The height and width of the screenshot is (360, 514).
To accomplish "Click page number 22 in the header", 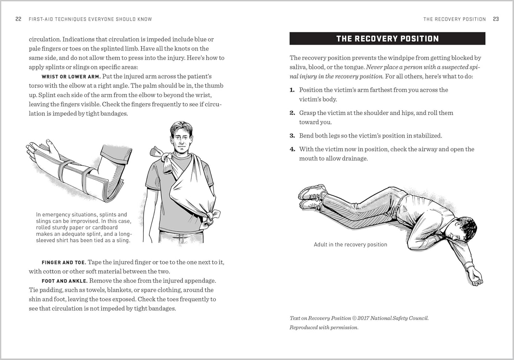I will click(18, 19).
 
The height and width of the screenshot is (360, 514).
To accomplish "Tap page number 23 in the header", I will click(496, 19).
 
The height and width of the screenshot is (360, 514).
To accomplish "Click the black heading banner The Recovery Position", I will click(387, 38).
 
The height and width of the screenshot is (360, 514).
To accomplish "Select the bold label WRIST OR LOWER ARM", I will click(71, 76).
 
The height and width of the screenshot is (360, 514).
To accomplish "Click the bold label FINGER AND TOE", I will click(64, 263).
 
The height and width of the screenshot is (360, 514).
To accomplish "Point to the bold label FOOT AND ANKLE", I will click(64, 281).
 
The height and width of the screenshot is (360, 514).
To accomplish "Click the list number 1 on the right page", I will click(292, 90).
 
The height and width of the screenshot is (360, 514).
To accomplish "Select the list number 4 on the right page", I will click(292, 149).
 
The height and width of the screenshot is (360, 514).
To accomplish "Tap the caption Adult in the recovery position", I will click(350, 244).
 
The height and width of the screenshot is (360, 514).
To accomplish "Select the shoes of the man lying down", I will click(312, 198).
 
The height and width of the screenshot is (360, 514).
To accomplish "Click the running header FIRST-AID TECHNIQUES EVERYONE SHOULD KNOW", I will click(90, 19).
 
